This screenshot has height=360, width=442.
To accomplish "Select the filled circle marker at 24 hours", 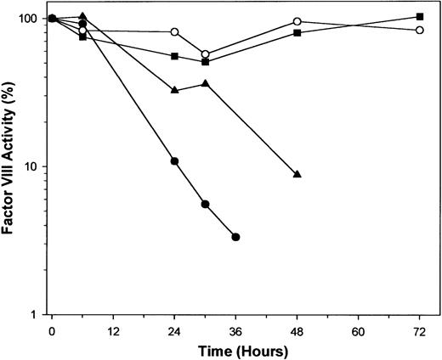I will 174,161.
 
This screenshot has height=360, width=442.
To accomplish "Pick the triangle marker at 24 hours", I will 174,90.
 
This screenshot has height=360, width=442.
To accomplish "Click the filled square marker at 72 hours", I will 420,17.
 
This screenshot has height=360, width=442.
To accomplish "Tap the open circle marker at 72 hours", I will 420,30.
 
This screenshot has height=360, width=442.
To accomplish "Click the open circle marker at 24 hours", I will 174,31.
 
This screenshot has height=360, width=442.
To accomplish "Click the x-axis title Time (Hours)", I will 235,349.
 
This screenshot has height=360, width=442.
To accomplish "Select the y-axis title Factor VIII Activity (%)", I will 10,166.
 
